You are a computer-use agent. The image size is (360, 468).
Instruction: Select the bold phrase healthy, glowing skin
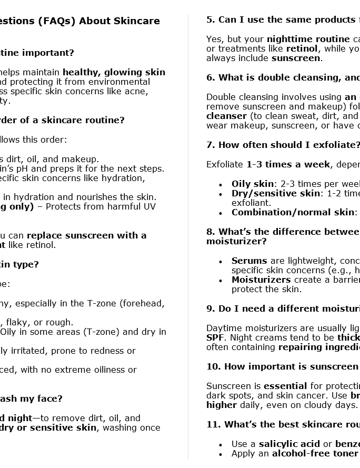[114, 72]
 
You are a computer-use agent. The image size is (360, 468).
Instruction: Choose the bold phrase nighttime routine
[308, 39]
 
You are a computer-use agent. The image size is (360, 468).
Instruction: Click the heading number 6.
[210, 77]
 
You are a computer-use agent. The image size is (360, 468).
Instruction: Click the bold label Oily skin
[253, 184]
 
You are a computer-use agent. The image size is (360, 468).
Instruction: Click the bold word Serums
[249, 261]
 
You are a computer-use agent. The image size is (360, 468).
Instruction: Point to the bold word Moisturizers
[261, 280]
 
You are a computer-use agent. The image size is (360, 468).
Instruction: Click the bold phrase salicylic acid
[289, 444]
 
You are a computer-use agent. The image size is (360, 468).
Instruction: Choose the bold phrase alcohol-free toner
[315, 453]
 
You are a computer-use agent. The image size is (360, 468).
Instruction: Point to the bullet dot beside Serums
[220, 261]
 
